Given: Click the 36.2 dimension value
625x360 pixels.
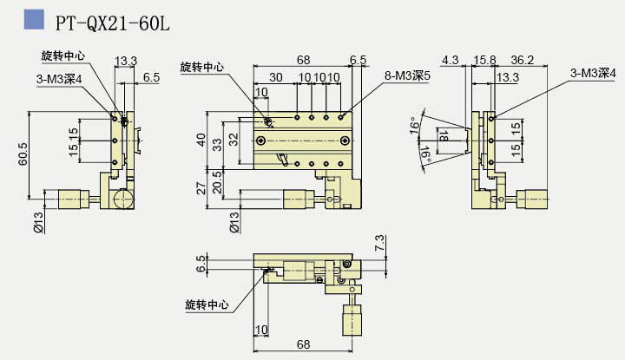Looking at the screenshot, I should point(523,61).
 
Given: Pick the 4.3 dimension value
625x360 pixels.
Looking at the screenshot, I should point(450,61).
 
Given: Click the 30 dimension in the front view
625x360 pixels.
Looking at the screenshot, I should point(276,77).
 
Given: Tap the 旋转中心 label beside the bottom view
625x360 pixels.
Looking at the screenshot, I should point(207,304).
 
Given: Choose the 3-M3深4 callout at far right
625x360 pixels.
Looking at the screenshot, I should point(593,75).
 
